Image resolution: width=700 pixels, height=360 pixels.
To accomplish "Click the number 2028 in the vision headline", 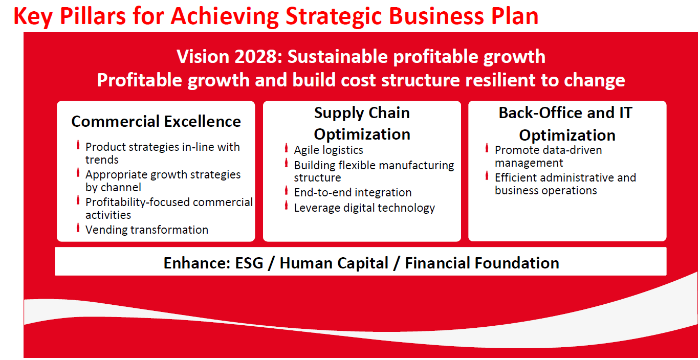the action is (256, 57).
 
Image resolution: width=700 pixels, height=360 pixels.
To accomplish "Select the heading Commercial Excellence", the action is (156, 122).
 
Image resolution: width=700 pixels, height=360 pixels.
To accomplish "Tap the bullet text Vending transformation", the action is (147, 230).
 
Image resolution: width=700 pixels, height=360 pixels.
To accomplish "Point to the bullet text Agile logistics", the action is (329, 150).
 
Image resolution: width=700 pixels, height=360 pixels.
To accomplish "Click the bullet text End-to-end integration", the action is (353, 193).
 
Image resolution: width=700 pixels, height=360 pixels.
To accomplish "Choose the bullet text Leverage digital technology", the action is (364, 208).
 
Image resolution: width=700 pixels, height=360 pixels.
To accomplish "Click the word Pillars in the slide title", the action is (93, 16).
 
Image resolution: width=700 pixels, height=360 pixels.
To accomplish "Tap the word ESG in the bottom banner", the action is (249, 263).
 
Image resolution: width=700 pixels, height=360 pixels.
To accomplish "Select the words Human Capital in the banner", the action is (334, 263).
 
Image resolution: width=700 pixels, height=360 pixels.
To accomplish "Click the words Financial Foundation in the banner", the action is (482, 263).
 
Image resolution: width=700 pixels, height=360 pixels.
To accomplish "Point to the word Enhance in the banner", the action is (197, 263).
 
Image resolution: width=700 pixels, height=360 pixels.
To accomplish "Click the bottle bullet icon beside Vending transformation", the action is (78, 228).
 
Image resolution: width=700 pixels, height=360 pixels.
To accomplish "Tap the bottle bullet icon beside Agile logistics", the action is (286, 148).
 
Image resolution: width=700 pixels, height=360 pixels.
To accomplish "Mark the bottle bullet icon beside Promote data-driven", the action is (487, 148).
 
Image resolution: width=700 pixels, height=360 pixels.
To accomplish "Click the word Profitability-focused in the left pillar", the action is (138, 202).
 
